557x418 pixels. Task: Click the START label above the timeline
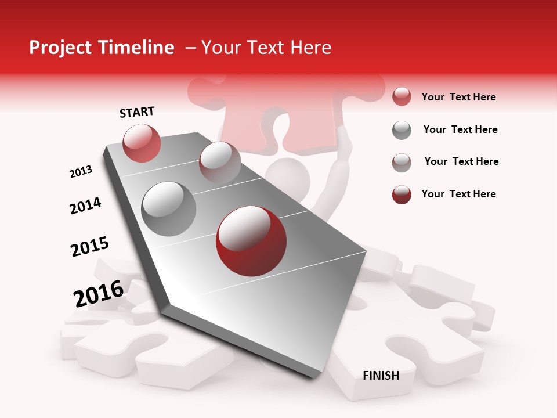tap(137, 112)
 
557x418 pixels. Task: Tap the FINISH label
tap(381, 376)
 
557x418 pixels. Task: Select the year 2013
tap(81, 172)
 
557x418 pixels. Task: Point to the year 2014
tap(85, 206)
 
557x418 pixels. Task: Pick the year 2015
tap(90, 247)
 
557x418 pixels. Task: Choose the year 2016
tap(99, 294)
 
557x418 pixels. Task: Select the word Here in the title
tap(310, 48)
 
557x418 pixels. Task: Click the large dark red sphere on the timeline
tap(251, 242)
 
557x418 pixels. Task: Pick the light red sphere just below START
tap(142, 143)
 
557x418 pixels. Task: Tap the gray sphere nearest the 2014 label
tap(169, 208)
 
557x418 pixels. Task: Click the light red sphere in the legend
tap(402, 97)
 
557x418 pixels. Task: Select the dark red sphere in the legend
tap(402, 194)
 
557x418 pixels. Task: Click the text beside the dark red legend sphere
tap(458, 194)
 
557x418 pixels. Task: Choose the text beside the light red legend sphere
tap(458, 97)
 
